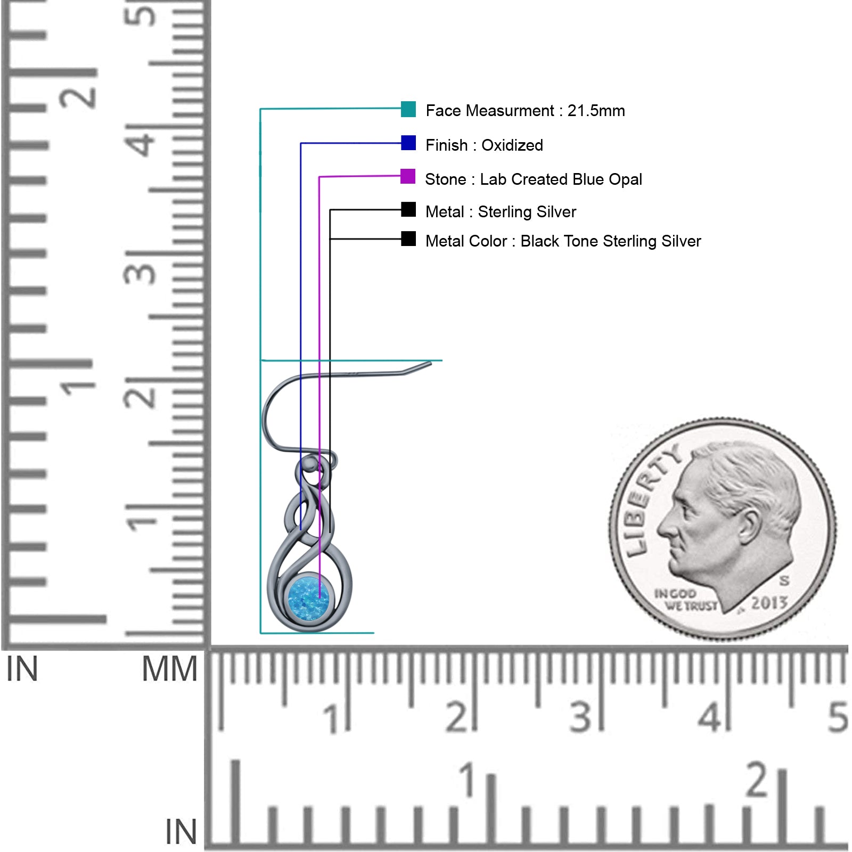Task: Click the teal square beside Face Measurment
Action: click(x=408, y=109)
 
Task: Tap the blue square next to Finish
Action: click(x=408, y=143)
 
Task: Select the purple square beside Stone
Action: click(x=408, y=176)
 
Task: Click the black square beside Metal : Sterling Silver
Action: click(x=408, y=209)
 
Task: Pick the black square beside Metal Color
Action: click(x=408, y=239)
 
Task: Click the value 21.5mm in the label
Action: click(x=596, y=111)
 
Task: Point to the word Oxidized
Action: click(x=512, y=145)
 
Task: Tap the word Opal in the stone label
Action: click(x=626, y=180)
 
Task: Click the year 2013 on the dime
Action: click(x=769, y=603)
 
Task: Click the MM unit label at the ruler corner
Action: click(x=170, y=669)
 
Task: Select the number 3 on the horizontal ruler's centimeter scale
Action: click(x=580, y=717)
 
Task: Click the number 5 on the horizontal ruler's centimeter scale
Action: click(x=838, y=717)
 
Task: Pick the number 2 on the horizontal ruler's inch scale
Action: click(x=757, y=780)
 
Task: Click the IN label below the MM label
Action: click(x=181, y=832)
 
